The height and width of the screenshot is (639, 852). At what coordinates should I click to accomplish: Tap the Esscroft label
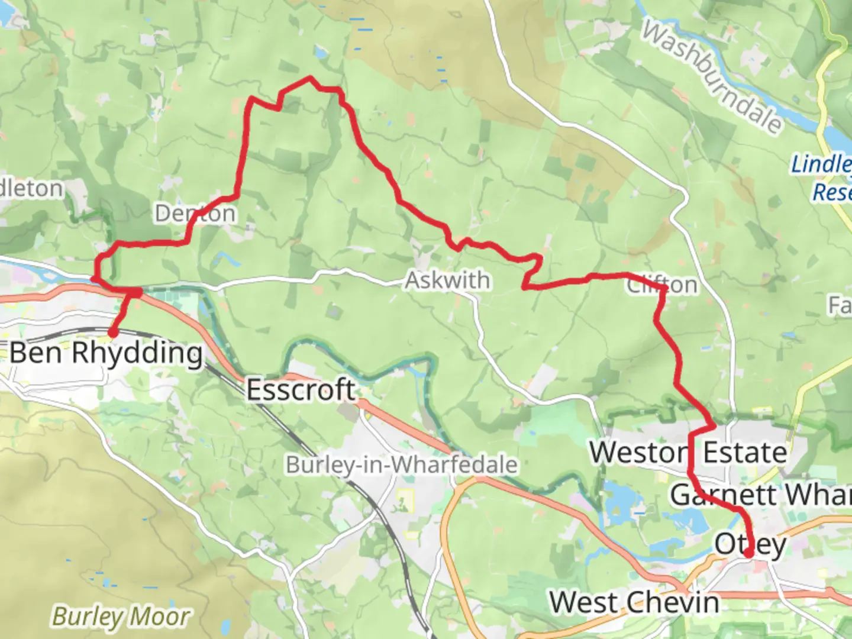[x=301, y=390]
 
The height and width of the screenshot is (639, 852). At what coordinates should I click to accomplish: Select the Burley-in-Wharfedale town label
[x=402, y=465]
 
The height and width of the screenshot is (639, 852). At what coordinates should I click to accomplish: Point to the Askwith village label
[x=448, y=280]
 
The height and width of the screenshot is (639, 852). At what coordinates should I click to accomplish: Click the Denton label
[x=195, y=214]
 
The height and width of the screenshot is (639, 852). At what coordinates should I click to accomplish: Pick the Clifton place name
[x=662, y=285]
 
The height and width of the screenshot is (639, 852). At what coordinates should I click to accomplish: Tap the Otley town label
[x=750, y=544]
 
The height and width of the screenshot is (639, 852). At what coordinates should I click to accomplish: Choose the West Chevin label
[x=634, y=603]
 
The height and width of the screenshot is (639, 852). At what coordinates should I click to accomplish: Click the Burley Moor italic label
[x=121, y=617]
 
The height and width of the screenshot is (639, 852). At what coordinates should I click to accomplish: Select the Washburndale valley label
[x=712, y=77]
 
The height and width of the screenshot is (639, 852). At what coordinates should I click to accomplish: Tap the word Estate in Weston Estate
[x=745, y=453]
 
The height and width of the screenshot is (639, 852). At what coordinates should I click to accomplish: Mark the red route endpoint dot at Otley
[x=748, y=554]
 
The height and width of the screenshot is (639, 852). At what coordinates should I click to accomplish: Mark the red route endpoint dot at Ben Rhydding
[x=112, y=334]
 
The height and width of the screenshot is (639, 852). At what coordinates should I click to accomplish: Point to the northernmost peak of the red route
[x=309, y=78]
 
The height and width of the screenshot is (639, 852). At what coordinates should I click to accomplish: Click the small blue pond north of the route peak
[x=320, y=53]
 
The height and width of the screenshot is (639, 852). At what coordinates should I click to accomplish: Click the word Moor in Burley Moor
[x=159, y=617]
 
